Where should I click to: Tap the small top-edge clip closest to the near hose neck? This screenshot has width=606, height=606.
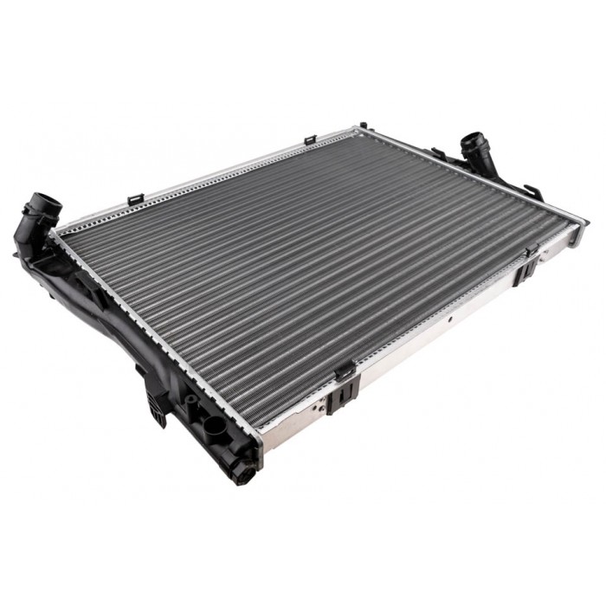pyautogui.click(x=134, y=200)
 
